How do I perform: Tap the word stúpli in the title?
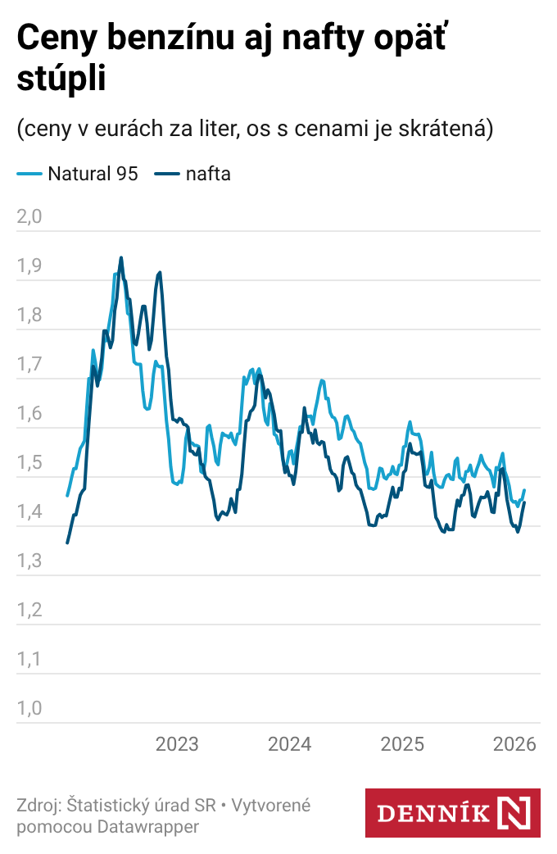61,79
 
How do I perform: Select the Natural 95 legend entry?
78,174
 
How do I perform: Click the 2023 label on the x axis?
177,744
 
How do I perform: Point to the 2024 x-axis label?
290,744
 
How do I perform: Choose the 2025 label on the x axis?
402,744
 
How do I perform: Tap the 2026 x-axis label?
514,744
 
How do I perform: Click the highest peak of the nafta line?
121,257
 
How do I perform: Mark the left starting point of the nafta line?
67,543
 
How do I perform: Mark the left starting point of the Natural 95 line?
67,496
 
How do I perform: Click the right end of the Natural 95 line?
524,490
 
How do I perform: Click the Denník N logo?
452,813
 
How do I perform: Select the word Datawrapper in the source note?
148,827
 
